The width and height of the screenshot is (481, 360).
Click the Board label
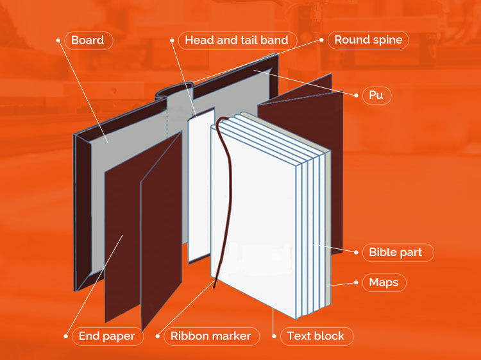pos(88,40)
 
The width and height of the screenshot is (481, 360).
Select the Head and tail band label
pos(236,40)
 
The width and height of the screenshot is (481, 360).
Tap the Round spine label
pos(368,40)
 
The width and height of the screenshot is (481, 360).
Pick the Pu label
pos(376,96)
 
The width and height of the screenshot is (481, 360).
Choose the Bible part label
pos(395,252)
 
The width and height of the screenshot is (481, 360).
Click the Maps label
pos(384,282)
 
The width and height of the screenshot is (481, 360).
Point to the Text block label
pos(315,336)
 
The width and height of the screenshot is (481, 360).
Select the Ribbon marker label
pos(210,336)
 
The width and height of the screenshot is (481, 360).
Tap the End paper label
pos(106,336)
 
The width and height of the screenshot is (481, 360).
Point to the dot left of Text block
pos(274,336)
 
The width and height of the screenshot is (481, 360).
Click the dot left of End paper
pos(65,336)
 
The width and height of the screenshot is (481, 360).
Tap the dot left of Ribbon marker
pos(158,336)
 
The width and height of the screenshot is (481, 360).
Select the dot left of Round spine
pos(321,40)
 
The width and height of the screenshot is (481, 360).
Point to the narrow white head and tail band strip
pos(201,186)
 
